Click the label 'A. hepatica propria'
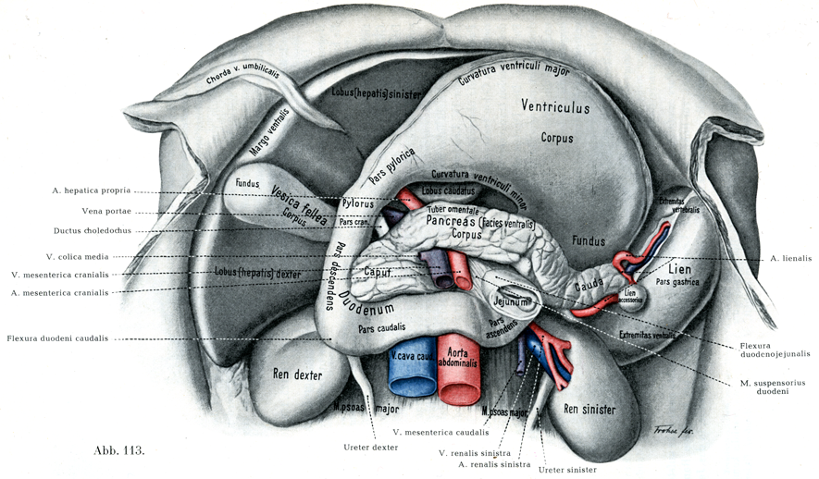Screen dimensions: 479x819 (92, 191)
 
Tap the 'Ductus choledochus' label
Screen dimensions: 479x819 (92, 231)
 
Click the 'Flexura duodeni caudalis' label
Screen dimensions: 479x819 (56, 338)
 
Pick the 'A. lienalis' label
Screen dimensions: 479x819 (789, 258)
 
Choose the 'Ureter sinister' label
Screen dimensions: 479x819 (568, 470)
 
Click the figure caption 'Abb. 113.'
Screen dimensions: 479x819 (119, 451)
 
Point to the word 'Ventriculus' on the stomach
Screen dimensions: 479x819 (555, 107)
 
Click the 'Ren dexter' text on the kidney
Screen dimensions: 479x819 (296, 375)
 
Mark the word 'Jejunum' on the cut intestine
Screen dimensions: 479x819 (510, 301)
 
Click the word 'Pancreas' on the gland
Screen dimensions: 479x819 (451, 222)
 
